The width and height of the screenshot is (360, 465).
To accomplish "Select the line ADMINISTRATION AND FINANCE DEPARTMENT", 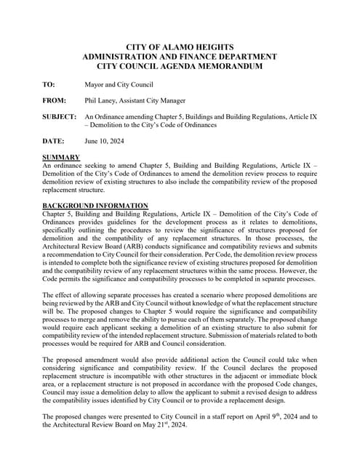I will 180,57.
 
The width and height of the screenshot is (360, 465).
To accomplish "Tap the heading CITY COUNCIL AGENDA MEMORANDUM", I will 180,67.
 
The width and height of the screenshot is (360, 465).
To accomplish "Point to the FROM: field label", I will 55,101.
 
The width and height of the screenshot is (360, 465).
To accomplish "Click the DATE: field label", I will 53,141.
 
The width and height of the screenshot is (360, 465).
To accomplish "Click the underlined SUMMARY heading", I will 61,158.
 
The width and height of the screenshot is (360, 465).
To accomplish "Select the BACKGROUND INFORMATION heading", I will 95,206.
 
